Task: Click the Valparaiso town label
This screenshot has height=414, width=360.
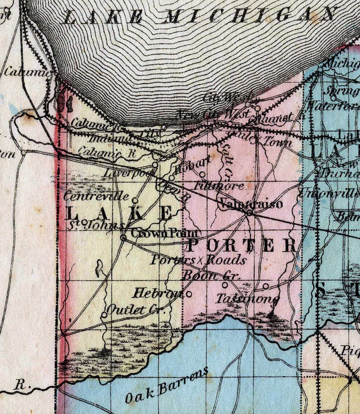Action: [x=251, y=203]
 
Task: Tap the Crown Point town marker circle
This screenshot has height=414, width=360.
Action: [x=124, y=237]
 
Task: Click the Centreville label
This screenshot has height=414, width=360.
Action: [x=97, y=196]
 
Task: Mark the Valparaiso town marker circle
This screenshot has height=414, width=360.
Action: [x=249, y=214]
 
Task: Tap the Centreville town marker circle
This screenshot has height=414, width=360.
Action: [x=135, y=200]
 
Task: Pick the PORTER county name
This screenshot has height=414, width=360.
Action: [x=242, y=246]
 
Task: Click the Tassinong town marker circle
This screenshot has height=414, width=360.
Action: [x=266, y=286]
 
